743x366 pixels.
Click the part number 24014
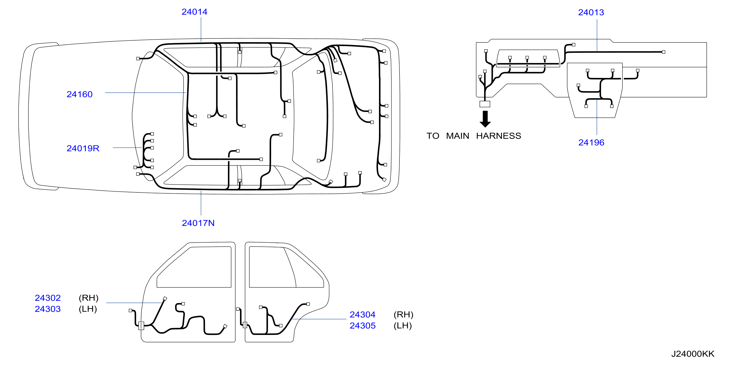(194, 12)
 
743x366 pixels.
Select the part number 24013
(591, 12)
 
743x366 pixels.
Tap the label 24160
(80, 94)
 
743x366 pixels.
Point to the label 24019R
(83, 148)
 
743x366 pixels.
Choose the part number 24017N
(198, 223)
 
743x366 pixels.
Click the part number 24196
(591, 142)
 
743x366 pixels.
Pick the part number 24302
(48, 298)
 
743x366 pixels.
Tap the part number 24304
(362, 314)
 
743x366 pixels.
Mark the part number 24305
(362, 325)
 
